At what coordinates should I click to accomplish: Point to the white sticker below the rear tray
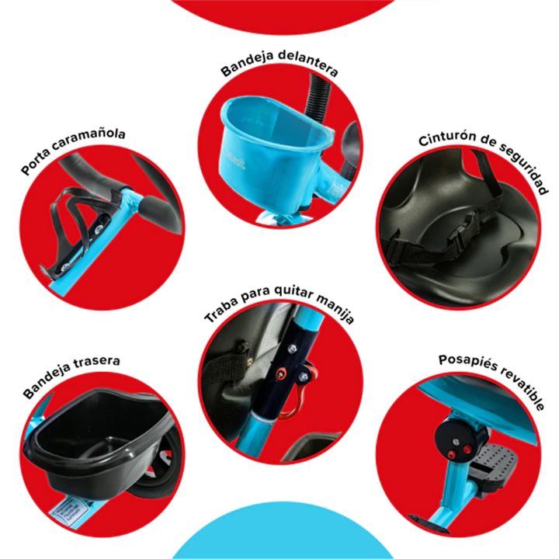pyautogui.click(x=68, y=509)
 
